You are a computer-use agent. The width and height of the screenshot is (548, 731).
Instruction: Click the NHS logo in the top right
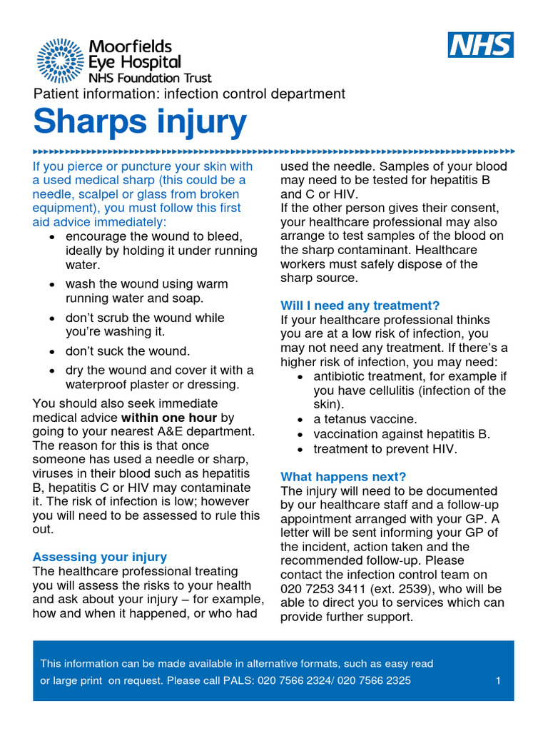click(x=480, y=45)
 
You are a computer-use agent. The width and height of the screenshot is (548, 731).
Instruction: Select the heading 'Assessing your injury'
click(x=100, y=557)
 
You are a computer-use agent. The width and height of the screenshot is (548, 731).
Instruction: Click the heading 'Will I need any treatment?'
click(x=360, y=306)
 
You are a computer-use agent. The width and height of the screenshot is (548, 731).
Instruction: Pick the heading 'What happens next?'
click(x=343, y=477)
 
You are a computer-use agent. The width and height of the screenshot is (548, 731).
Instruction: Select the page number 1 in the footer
click(x=498, y=680)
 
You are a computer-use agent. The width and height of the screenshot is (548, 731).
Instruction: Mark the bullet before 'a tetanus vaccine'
click(x=301, y=420)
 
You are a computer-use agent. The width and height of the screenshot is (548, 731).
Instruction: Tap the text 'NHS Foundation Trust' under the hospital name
click(x=150, y=78)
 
